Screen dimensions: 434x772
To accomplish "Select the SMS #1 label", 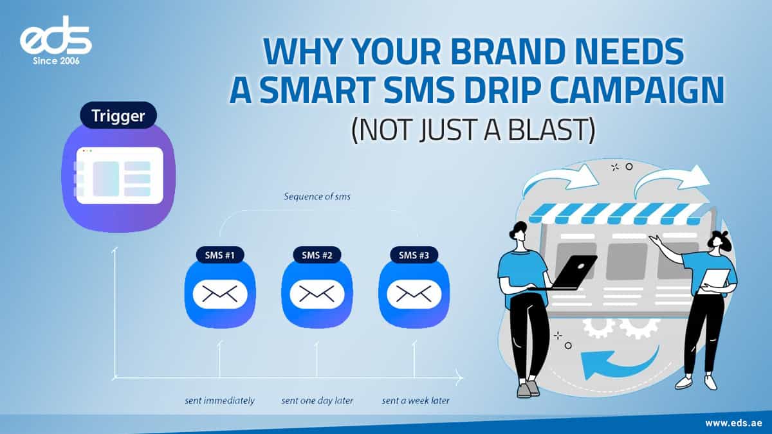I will tap(220, 255).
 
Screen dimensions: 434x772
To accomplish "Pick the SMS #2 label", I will tap(317, 255).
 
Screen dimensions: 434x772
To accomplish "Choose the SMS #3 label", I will tap(414, 255).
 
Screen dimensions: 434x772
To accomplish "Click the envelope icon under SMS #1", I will tap(220, 294).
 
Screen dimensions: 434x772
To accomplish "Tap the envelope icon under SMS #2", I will tap(317, 294).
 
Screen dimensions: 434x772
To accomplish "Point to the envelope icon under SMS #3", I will tap(414, 294).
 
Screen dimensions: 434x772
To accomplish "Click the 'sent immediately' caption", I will tap(219, 401).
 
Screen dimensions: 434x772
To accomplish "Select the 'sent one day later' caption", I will tap(317, 401).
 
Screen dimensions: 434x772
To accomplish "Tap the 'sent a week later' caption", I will tap(415, 401).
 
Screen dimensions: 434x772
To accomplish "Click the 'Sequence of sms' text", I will tap(317, 197).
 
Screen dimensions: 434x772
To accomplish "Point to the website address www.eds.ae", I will tap(733, 423).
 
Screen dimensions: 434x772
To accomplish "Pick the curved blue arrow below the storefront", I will tap(618, 364).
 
